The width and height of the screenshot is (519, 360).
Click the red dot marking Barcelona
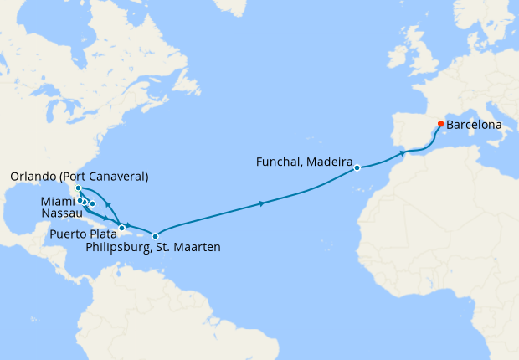click(x=441, y=124)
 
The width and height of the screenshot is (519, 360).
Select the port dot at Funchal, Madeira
click(x=357, y=167)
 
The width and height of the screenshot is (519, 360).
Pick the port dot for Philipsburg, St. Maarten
click(x=155, y=236)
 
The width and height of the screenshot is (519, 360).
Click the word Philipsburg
click(x=119, y=248)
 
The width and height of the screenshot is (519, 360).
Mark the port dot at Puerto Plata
click(x=122, y=228)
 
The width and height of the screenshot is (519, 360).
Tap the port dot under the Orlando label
click(x=78, y=188)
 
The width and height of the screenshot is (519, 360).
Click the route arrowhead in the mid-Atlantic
click(x=264, y=203)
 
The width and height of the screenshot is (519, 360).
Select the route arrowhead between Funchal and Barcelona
click(x=403, y=153)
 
